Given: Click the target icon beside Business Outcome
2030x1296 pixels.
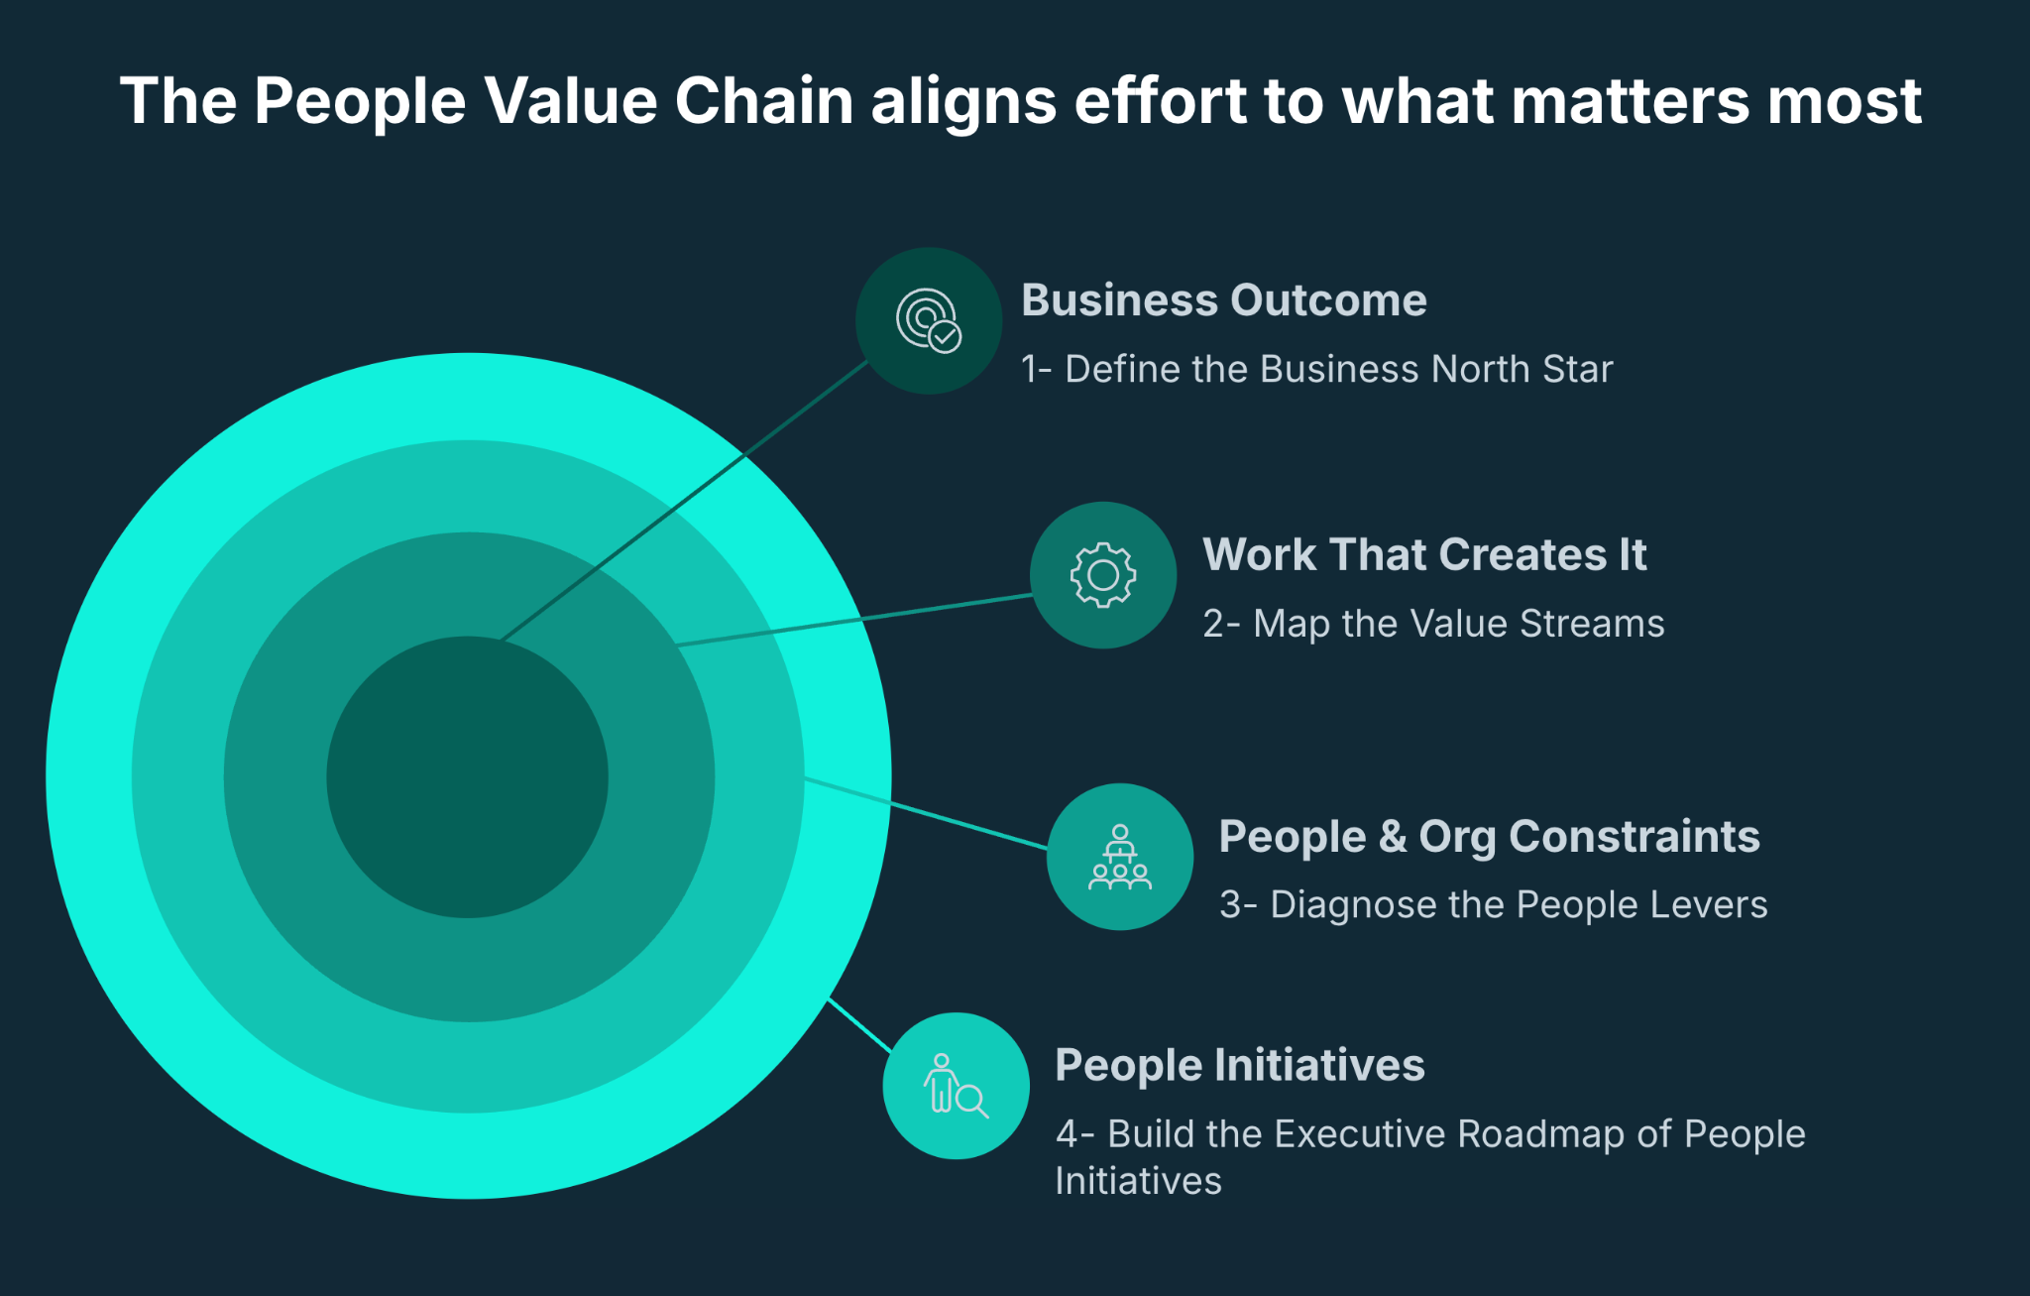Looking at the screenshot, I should [x=929, y=320].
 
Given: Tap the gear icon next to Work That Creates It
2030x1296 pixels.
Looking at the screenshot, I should [x=1103, y=575].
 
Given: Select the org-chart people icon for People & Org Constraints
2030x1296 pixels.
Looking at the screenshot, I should [x=1120, y=857].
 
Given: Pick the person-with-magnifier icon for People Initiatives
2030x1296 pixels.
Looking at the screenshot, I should [x=956, y=1086].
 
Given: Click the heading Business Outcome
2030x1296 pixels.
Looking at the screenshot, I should [x=1224, y=300].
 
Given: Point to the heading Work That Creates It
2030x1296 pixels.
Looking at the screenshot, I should [x=1424, y=554].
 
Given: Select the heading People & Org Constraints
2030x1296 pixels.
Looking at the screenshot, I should [x=1489, y=836].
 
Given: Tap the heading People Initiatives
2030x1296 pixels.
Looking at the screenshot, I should [x=1240, y=1065].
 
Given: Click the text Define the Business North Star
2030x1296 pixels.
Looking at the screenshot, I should [x=1338, y=369].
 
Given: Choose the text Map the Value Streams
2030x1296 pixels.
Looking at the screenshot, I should [x=1458, y=624].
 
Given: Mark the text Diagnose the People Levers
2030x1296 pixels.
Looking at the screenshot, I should [x=1519, y=904].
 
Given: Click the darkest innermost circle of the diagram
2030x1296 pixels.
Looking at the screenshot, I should [x=467, y=777].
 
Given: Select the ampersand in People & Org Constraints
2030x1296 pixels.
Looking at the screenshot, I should [x=1393, y=836].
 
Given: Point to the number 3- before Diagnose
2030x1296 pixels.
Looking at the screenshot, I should [x=1238, y=904].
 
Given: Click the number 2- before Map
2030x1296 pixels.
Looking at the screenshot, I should [x=1221, y=624].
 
